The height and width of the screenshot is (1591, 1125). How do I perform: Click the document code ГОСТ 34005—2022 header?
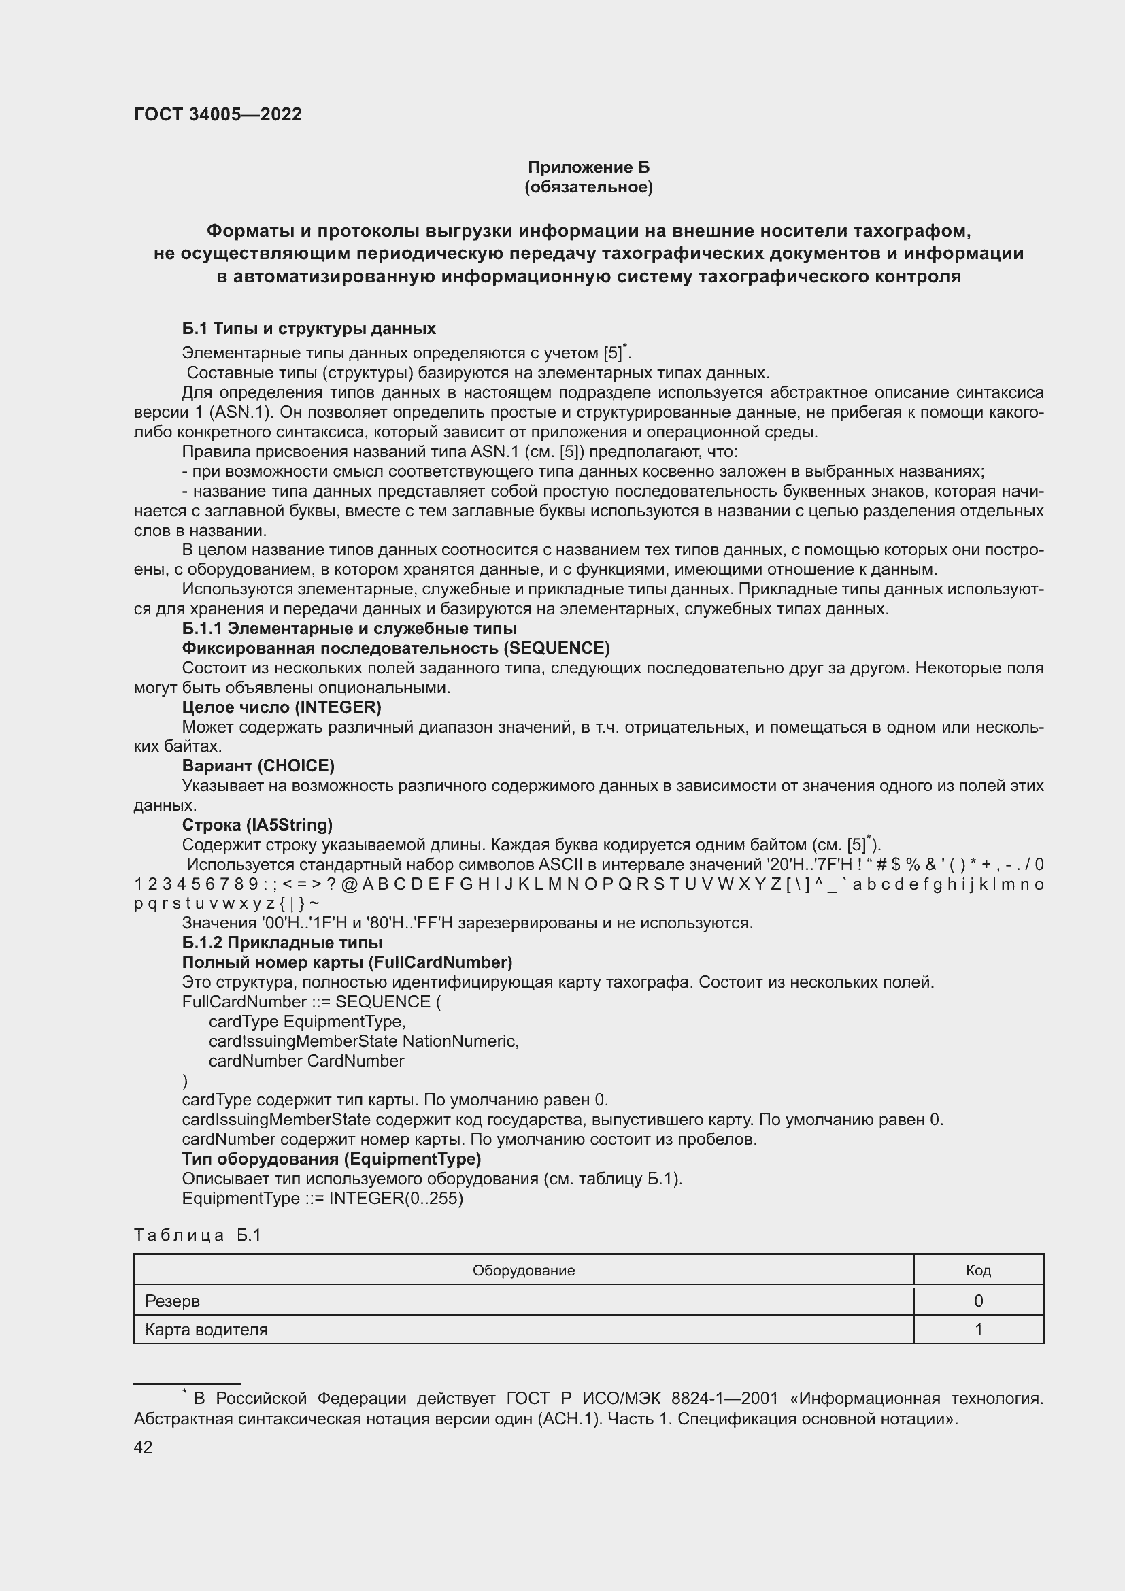click(218, 114)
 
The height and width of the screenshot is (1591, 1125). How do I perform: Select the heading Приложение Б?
click(588, 167)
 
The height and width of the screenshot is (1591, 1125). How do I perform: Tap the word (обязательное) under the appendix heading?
click(588, 187)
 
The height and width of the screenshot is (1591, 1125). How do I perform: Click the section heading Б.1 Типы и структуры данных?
click(308, 329)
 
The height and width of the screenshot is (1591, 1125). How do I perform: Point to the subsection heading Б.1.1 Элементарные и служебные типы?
click(349, 629)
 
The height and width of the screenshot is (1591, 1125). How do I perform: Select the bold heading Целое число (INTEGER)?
click(282, 707)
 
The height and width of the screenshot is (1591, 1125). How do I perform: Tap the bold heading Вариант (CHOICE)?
click(258, 766)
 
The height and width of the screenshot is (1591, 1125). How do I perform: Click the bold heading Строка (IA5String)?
click(257, 824)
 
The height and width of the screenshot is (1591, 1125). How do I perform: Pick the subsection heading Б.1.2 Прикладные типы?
click(282, 942)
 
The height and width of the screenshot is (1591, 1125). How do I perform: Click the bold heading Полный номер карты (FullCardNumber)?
click(347, 962)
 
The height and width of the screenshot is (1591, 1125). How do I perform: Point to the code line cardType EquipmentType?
click(307, 1022)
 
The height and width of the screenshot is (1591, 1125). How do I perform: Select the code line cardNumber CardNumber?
click(306, 1061)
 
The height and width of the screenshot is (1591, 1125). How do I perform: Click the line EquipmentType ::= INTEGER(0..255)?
click(322, 1198)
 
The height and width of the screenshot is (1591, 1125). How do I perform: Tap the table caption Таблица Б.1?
click(197, 1235)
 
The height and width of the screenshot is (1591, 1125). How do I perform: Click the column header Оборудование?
click(523, 1270)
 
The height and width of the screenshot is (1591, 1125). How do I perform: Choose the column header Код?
click(977, 1270)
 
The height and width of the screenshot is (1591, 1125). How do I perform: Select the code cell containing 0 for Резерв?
click(977, 1301)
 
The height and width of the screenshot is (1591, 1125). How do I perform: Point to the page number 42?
click(143, 1447)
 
